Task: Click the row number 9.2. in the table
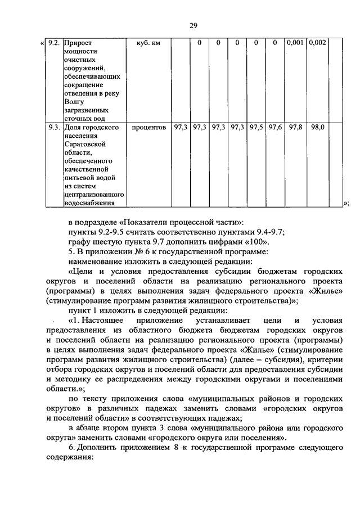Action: pos(53,43)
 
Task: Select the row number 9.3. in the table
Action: pos(53,128)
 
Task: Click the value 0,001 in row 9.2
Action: pos(295,43)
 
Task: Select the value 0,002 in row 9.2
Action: pos(317,43)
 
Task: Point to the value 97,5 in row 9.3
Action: pos(256,128)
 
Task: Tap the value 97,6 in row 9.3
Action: pos(275,128)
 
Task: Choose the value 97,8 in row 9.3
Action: pos(295,128)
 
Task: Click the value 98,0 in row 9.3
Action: pos(317,128)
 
